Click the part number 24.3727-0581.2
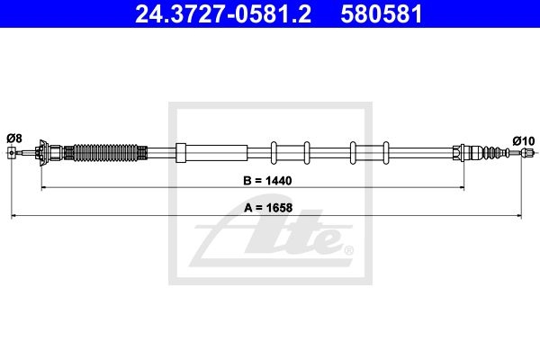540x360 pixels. point(223,14)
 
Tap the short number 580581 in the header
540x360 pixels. point(382,14)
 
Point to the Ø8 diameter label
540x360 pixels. point(14,138)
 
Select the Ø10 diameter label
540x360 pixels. point(524,141)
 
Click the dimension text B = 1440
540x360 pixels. point(267,181)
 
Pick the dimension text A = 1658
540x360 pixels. point(268,208)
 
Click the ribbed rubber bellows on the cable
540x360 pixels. point(105,153)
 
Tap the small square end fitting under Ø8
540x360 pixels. point(12,152)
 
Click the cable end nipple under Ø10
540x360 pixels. point(527,152)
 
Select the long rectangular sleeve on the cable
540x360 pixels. point(211,153)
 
